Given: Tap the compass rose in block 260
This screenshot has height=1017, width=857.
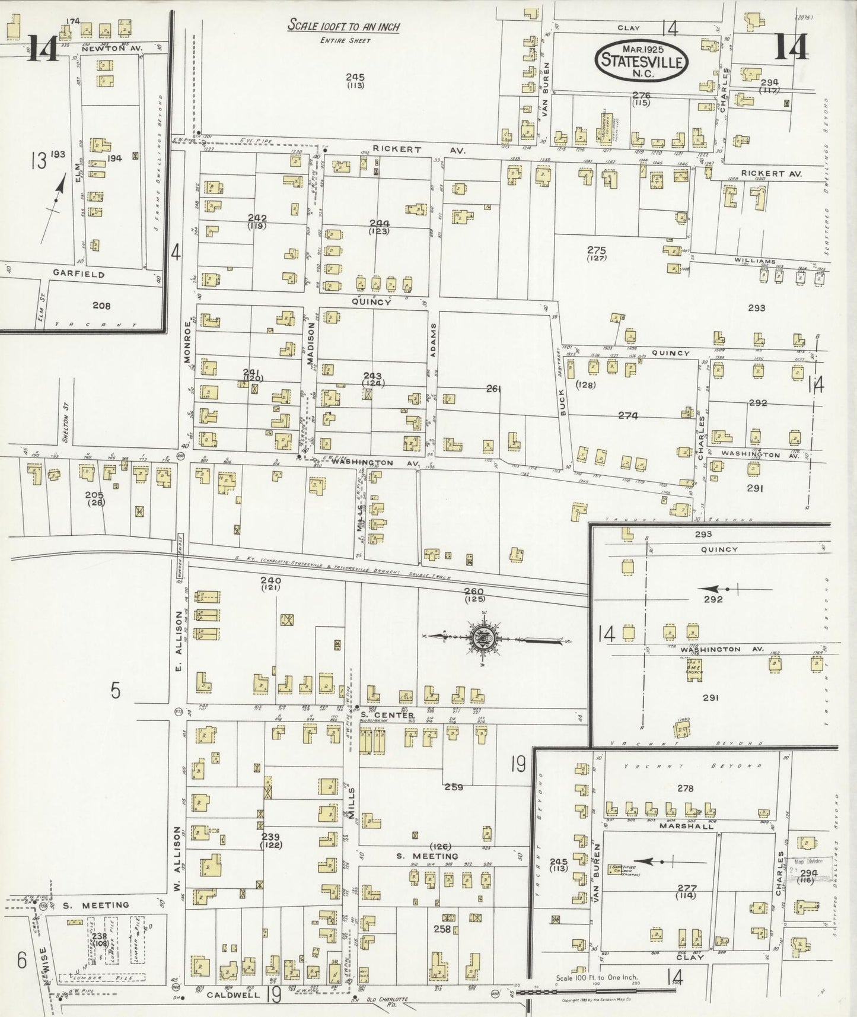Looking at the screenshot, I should (484, 638).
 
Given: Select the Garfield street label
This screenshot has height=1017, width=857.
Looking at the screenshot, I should (87, 275).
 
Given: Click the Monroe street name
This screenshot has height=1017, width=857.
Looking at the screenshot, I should (188, 336).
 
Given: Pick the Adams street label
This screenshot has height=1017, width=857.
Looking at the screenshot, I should (434, 344).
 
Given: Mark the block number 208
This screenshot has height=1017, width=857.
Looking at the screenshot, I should (101, 306).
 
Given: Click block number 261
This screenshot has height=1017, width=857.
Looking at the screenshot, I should (493, 389).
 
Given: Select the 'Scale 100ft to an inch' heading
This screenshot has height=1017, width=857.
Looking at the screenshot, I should (343, 27).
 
